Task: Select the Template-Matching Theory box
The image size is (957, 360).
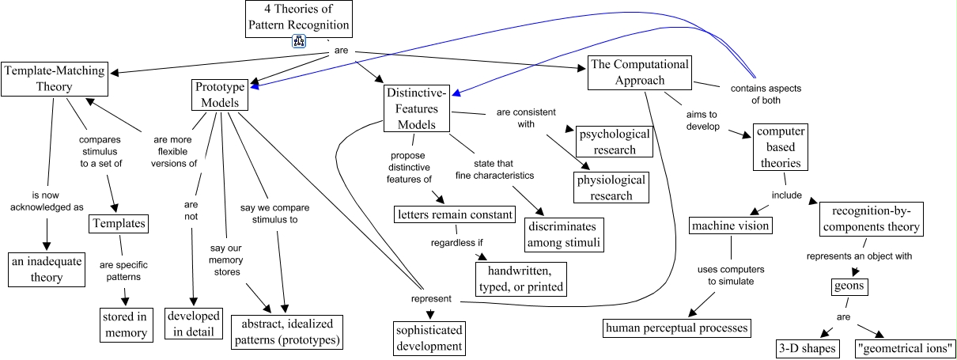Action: click(x=54, y=78)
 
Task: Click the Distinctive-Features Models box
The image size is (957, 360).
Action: click(x=417, y=109)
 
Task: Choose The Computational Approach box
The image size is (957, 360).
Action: click(x=639, y=72)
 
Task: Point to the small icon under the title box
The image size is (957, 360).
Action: click(x=300, y=42)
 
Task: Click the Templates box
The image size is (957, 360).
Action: click(x=118, y=224)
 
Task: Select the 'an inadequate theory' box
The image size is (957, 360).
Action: click(x=47, y=269)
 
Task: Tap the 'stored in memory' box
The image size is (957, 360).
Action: click(x=125, y=325)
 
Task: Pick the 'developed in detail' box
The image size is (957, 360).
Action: click(x=193, y=323)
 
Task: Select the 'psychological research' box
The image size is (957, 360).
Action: click(x=614, y=141)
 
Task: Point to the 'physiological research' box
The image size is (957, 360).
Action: click(x=611, y=188)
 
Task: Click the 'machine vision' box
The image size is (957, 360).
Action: click(x=730, y=226)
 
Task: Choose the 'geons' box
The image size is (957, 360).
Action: click(x=849, y=286)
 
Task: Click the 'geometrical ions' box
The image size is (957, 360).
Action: click(x=905, y=348)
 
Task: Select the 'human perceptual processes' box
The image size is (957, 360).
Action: click(x=675, y=327)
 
